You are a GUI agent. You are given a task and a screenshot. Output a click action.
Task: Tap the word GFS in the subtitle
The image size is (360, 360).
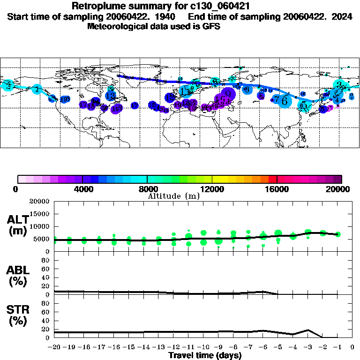pos(211,27)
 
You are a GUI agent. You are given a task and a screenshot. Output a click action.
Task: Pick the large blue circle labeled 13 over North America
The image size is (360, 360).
pos(111,96)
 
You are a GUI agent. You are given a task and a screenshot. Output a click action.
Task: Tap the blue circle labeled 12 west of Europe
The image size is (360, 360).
pos(170,97)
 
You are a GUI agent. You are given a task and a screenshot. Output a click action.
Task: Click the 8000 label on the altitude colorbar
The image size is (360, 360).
pos(147,189)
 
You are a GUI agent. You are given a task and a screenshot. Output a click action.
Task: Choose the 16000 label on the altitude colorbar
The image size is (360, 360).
pos(277,189)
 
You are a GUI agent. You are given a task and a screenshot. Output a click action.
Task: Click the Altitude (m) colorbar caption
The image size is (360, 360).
pos(173,196)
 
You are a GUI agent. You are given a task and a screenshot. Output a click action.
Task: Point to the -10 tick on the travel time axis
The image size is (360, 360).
pos(203,347)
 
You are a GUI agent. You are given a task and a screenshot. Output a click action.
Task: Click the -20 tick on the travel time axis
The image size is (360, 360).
pos(54,347)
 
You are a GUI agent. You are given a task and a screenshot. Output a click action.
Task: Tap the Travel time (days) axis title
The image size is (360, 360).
pos(205,356)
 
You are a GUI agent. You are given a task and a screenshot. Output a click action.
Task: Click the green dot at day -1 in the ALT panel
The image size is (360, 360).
pos(337,234)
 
